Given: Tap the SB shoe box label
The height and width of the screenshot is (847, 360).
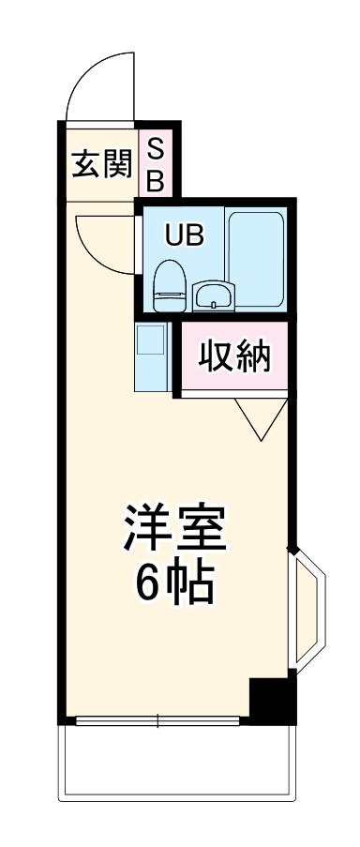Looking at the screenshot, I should coord(156,161).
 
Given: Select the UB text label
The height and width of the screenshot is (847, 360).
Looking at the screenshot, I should coord(183,235).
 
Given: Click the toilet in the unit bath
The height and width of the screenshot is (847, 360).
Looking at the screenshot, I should coord(171,285).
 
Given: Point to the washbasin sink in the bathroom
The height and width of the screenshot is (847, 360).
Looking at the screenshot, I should coord(215,296).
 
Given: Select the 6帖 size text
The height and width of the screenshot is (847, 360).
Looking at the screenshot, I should coord(175,583).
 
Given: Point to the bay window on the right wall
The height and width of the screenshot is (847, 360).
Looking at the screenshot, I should coord(307,611).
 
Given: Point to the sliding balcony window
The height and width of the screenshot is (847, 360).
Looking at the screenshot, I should coord(159,721).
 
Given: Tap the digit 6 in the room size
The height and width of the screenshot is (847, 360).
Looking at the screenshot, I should coord(148,583).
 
